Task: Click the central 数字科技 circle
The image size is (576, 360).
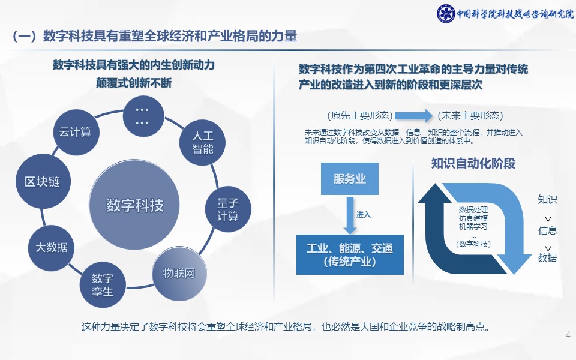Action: pyautogui.click(x=134, y=205)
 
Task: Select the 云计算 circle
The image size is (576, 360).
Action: pyautogui.click(x=76, y=132)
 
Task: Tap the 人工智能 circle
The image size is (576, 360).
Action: pyautogui.click(x=202, y=143)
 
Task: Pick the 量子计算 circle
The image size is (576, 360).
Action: pyautogui.click(x=228, y=209)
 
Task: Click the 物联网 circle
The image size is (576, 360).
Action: pyautogui.click(x=179, y=274)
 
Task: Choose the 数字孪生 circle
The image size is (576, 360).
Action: pyautogui.click(x=103, y=284)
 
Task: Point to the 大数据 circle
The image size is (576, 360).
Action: pyautogui.click(x=52, y=248)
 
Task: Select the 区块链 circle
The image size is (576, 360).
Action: pyautogui.click(x=43, y=181)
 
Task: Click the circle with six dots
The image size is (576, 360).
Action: pyautogui.click(x=143, y=116)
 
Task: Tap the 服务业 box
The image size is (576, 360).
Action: pyautogui.click(x=350, y=179)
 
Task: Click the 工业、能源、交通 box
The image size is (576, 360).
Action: pyautogui.click(x=350, y=254)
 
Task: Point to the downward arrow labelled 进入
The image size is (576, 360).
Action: pyautogui.click(x=350, y=215)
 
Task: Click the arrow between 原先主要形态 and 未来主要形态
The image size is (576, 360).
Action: pyautogui.click(x=413, y=116)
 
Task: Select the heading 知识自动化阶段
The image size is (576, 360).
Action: pyautogui.click(x=473, y=163)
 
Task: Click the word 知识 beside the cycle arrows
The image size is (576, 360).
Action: pyautogui.click(x=547, y=199)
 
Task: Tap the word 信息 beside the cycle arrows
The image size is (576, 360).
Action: pyautogui.click(x=547, y=230)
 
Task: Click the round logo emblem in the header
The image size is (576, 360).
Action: pyautogui.click(x=446, y=14)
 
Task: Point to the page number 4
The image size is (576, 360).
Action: pyautogui.click(x=568, y=335)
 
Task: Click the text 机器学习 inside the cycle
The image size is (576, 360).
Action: pyautogui.click(x=473, y=226)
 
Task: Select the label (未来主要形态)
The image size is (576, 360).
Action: pyautogui.click(x=470, y=116)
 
